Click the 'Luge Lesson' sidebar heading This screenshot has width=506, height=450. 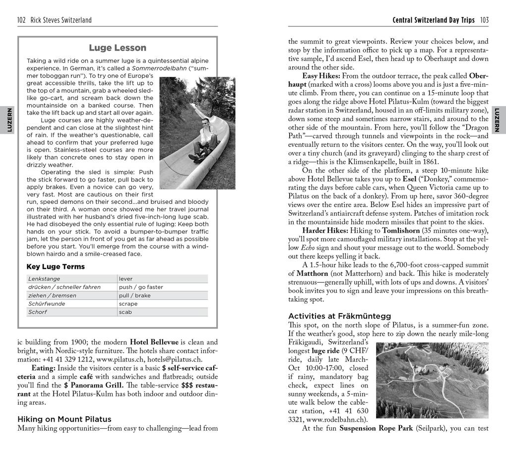[x=118, y=48]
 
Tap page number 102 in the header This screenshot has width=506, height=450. [x=21, y=20]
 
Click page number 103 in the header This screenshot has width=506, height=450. [x=484, y=20]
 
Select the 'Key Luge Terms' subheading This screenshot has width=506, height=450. [x=56, y=267]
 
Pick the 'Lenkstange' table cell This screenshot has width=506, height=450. [x=44, y=279]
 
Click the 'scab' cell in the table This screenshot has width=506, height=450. [x=125, y=312]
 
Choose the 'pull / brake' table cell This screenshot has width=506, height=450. [x=134, y=295]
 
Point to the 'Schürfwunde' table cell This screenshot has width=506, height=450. [x=47, y=304]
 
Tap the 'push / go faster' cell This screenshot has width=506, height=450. [x=141, y=287]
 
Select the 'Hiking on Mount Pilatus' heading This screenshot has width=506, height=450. [x=64, y=419]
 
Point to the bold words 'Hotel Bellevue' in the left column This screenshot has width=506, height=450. [x=154, y=342]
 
